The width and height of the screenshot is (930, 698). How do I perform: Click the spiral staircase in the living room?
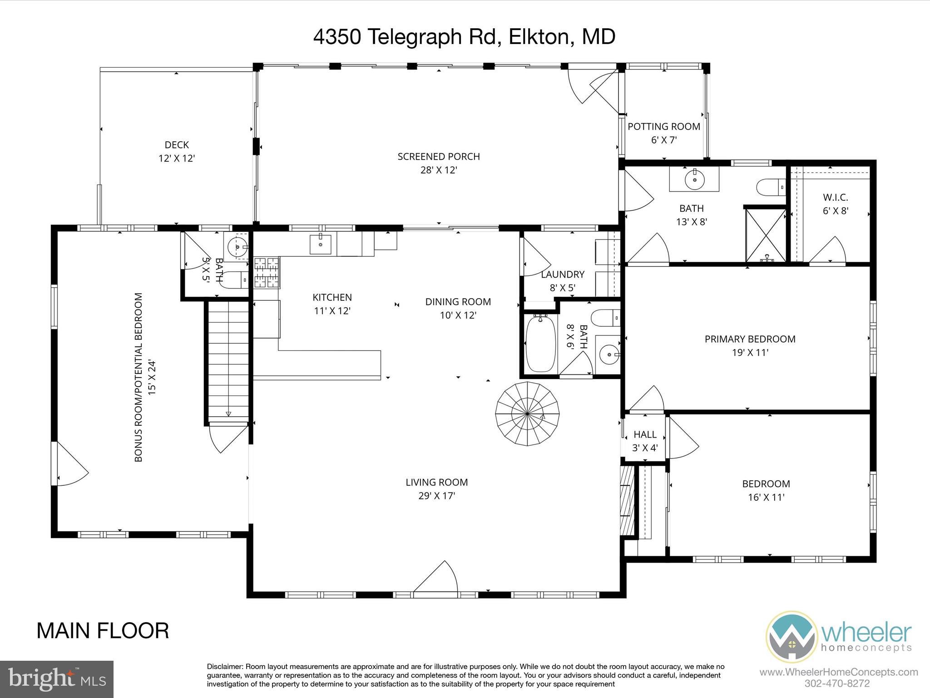point(527,414)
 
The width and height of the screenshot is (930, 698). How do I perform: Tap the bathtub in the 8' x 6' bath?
point(540,344)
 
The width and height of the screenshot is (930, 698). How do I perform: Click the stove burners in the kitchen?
point(267,273)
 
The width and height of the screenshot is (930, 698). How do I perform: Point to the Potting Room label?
point(664,127)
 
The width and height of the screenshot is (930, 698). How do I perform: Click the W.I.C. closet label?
point(836,198)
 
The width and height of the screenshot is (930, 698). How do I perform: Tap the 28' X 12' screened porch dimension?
point(438,170)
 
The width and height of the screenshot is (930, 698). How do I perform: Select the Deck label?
point(177,145)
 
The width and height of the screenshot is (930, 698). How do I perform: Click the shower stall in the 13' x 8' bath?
point(766,235)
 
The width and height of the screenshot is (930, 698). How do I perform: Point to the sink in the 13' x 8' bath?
point(694,179)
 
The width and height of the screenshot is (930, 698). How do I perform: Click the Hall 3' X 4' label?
point(645,441)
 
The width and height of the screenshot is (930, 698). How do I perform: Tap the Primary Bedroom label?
point(750,339)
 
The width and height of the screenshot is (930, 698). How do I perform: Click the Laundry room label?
point(563,274)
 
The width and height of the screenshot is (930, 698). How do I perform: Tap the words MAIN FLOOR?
point(103,631)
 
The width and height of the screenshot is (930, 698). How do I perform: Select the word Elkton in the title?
point(538,37)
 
